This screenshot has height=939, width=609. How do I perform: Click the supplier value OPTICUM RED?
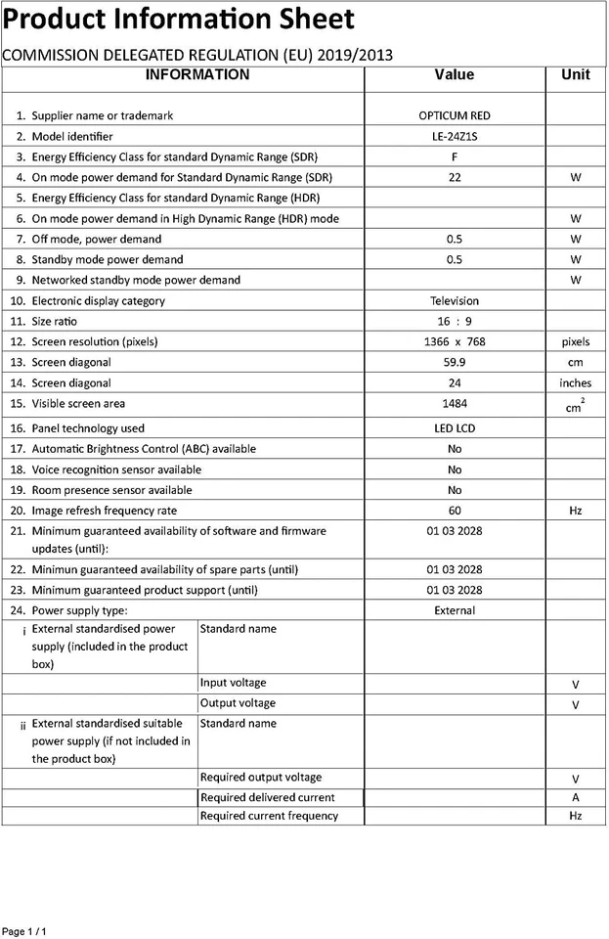tap(455, 115)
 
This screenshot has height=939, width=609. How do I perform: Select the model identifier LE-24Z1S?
tap(455, 137)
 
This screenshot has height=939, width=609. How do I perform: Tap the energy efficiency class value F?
tap(455, 157)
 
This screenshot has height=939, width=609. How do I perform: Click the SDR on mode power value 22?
tap(455, 178)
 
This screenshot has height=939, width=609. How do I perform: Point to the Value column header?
tap(455, 75)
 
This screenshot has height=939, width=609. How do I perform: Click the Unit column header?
tap(576, 75)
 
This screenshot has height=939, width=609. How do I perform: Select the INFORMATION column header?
tap(197, 75)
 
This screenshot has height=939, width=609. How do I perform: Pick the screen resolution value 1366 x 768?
tap(455, 342)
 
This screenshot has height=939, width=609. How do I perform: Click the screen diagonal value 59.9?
tap(455, 363)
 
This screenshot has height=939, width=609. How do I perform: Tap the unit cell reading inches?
tap(576, 383)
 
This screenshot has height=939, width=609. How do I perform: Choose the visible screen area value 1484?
tap(455, 404)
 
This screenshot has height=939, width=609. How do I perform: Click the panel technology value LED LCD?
tap(455, 428)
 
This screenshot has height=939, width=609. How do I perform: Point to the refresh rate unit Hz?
tap(576, 511)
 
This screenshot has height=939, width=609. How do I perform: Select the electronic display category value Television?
tap(455, 301)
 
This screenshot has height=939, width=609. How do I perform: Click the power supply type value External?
tap(455, 610)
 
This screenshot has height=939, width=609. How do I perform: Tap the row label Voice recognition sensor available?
tap(116, 469)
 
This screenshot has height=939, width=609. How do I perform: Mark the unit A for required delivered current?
tap(576, 798)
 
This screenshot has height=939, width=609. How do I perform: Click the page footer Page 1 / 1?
tap(24, 931)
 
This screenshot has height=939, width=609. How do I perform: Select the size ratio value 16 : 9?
tap(455, 322)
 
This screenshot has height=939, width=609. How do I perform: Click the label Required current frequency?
tap(269, 816)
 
